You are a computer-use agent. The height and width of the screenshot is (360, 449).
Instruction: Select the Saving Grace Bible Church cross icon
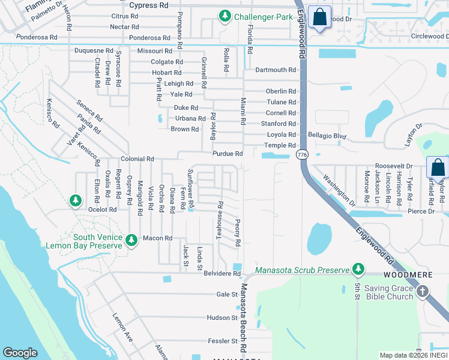tap(423, 292)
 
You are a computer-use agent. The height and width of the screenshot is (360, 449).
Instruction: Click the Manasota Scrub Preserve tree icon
tap(358, 269)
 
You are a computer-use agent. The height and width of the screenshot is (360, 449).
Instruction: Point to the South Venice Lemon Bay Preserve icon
tap(132, 241)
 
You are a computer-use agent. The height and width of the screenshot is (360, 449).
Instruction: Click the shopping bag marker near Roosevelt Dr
tap(438, 167)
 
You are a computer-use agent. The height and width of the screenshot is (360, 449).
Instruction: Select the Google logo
tap(20, 353)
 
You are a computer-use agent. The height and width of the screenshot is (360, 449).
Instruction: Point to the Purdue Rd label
tap(228, 154)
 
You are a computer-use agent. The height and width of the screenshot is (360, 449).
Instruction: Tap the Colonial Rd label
tap(137, 159)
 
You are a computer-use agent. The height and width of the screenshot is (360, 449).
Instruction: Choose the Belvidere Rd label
tap(222, 274)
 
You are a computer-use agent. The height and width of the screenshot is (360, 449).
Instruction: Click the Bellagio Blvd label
tap(327, 136)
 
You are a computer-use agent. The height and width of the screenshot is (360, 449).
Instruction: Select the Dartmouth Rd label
tap(276, 70)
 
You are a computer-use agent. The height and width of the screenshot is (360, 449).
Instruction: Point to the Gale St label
tap(227, 295)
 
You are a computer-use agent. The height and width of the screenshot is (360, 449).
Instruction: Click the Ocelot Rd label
tap(102, 209)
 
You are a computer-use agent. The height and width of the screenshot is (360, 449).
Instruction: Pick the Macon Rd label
tap(157, 238)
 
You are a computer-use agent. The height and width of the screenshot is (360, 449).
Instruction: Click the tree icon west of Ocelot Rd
tap(75, 200)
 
